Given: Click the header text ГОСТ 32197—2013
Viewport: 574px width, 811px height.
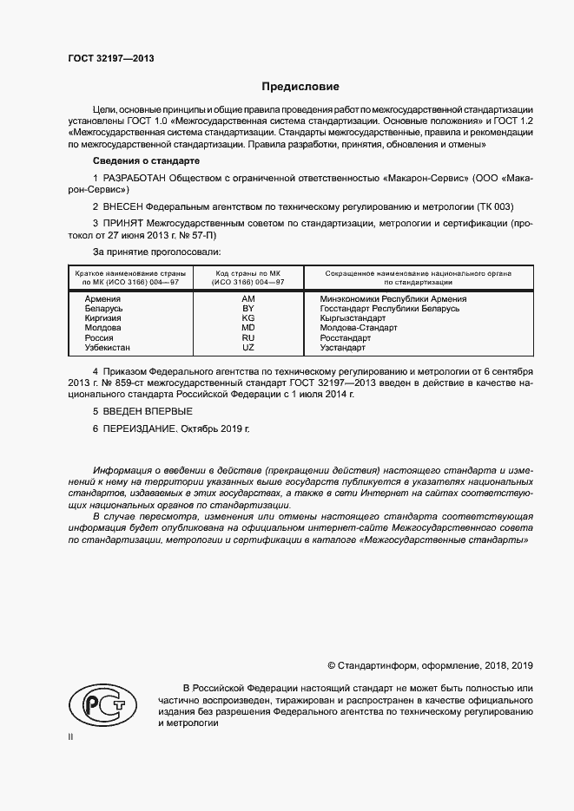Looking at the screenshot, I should click(111, 58).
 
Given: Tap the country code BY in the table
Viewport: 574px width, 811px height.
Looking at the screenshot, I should click(248, 309).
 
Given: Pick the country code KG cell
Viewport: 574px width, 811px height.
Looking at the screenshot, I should click(248, 318).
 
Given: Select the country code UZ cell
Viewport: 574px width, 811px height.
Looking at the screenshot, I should click(248, 347).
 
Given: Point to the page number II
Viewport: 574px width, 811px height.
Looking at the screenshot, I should click(70, 736).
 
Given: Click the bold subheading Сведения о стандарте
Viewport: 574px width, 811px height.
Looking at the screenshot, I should click(146, 161).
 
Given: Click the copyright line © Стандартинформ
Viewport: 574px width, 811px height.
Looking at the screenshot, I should click(430, 665).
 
